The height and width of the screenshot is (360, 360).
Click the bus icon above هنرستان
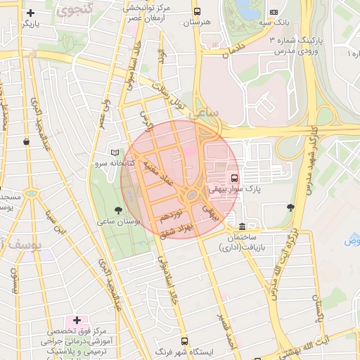tap(196, 12)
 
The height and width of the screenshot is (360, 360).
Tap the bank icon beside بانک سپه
tap(274, 12)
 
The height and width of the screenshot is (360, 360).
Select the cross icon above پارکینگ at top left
tap(30, 13)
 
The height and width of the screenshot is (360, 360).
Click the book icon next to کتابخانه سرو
tap(115, 153)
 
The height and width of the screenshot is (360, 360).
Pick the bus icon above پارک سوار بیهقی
tap(234, 178)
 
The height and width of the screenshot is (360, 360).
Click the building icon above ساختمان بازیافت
tap(242, 226)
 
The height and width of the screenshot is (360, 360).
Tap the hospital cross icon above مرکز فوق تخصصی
tap(77, 321)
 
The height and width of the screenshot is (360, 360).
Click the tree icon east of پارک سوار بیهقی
tap(290, 207)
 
